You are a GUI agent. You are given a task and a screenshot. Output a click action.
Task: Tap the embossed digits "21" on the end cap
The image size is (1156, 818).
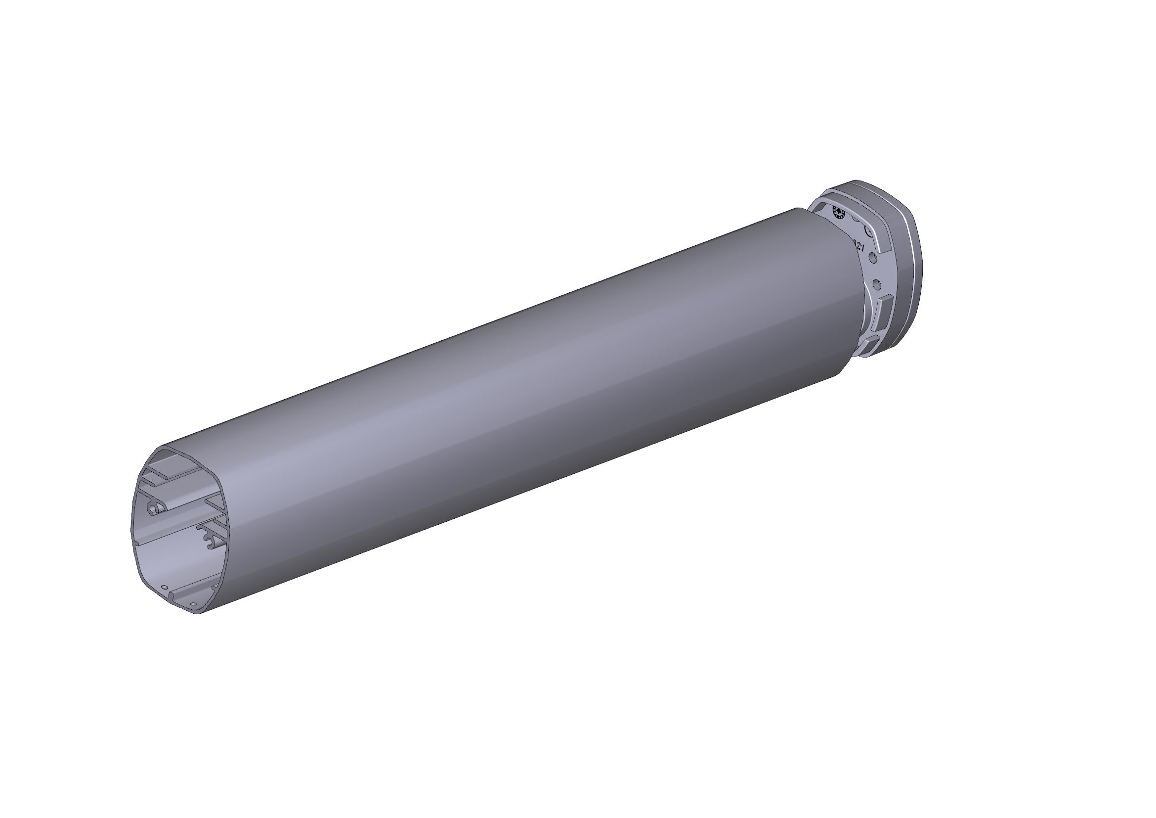[x=860, y=247]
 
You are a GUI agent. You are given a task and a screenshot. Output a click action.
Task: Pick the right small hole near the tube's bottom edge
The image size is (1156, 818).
[x=194, y=603]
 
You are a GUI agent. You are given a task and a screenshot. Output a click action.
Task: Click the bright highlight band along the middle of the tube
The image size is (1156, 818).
[x=504, y=388]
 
